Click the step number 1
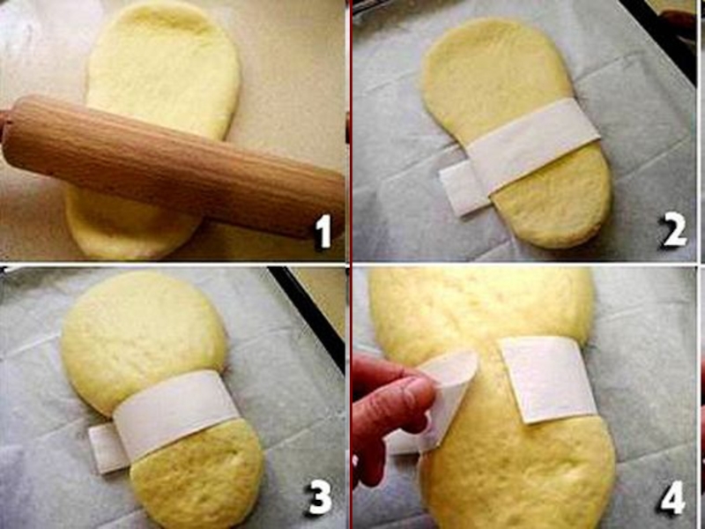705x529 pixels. click(323, 231)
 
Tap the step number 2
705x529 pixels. click(673, 230)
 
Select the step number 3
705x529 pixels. click(319, 497)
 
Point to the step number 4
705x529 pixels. click(672, 497)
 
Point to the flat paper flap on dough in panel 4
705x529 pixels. click(546, 379)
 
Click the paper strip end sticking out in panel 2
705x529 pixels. click(464, 188)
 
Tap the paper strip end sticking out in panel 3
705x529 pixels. click(108, 448)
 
